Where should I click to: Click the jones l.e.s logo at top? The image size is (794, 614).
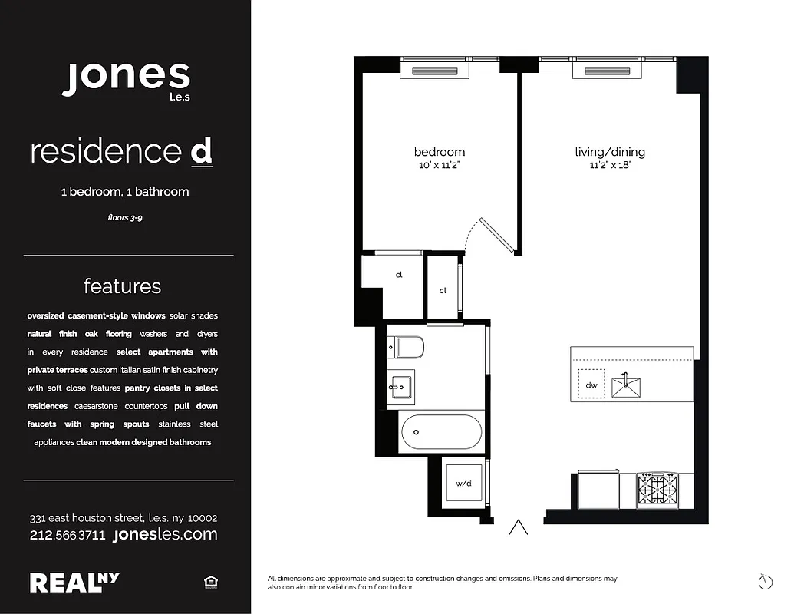pos(126,79)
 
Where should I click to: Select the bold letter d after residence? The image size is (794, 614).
pos(201,151)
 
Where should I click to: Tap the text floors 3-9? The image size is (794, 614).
pos(125,218)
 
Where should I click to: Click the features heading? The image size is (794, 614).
pos(123,286)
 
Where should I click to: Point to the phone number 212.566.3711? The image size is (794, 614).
pos(68,535)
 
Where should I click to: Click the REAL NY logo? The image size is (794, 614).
pos(74,583)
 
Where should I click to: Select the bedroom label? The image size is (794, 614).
pos(439,152)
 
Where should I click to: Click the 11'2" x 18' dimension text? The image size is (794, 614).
pos(609,165)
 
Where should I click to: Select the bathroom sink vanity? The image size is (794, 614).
pos(400,388)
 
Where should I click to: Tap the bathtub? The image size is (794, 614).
pos(441,432)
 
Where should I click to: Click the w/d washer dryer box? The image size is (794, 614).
pos(463,484)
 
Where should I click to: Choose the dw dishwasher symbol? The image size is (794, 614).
pos(591,385)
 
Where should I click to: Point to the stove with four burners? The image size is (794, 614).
pos(657,488)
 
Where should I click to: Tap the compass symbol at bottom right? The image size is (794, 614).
pos(765,582)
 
